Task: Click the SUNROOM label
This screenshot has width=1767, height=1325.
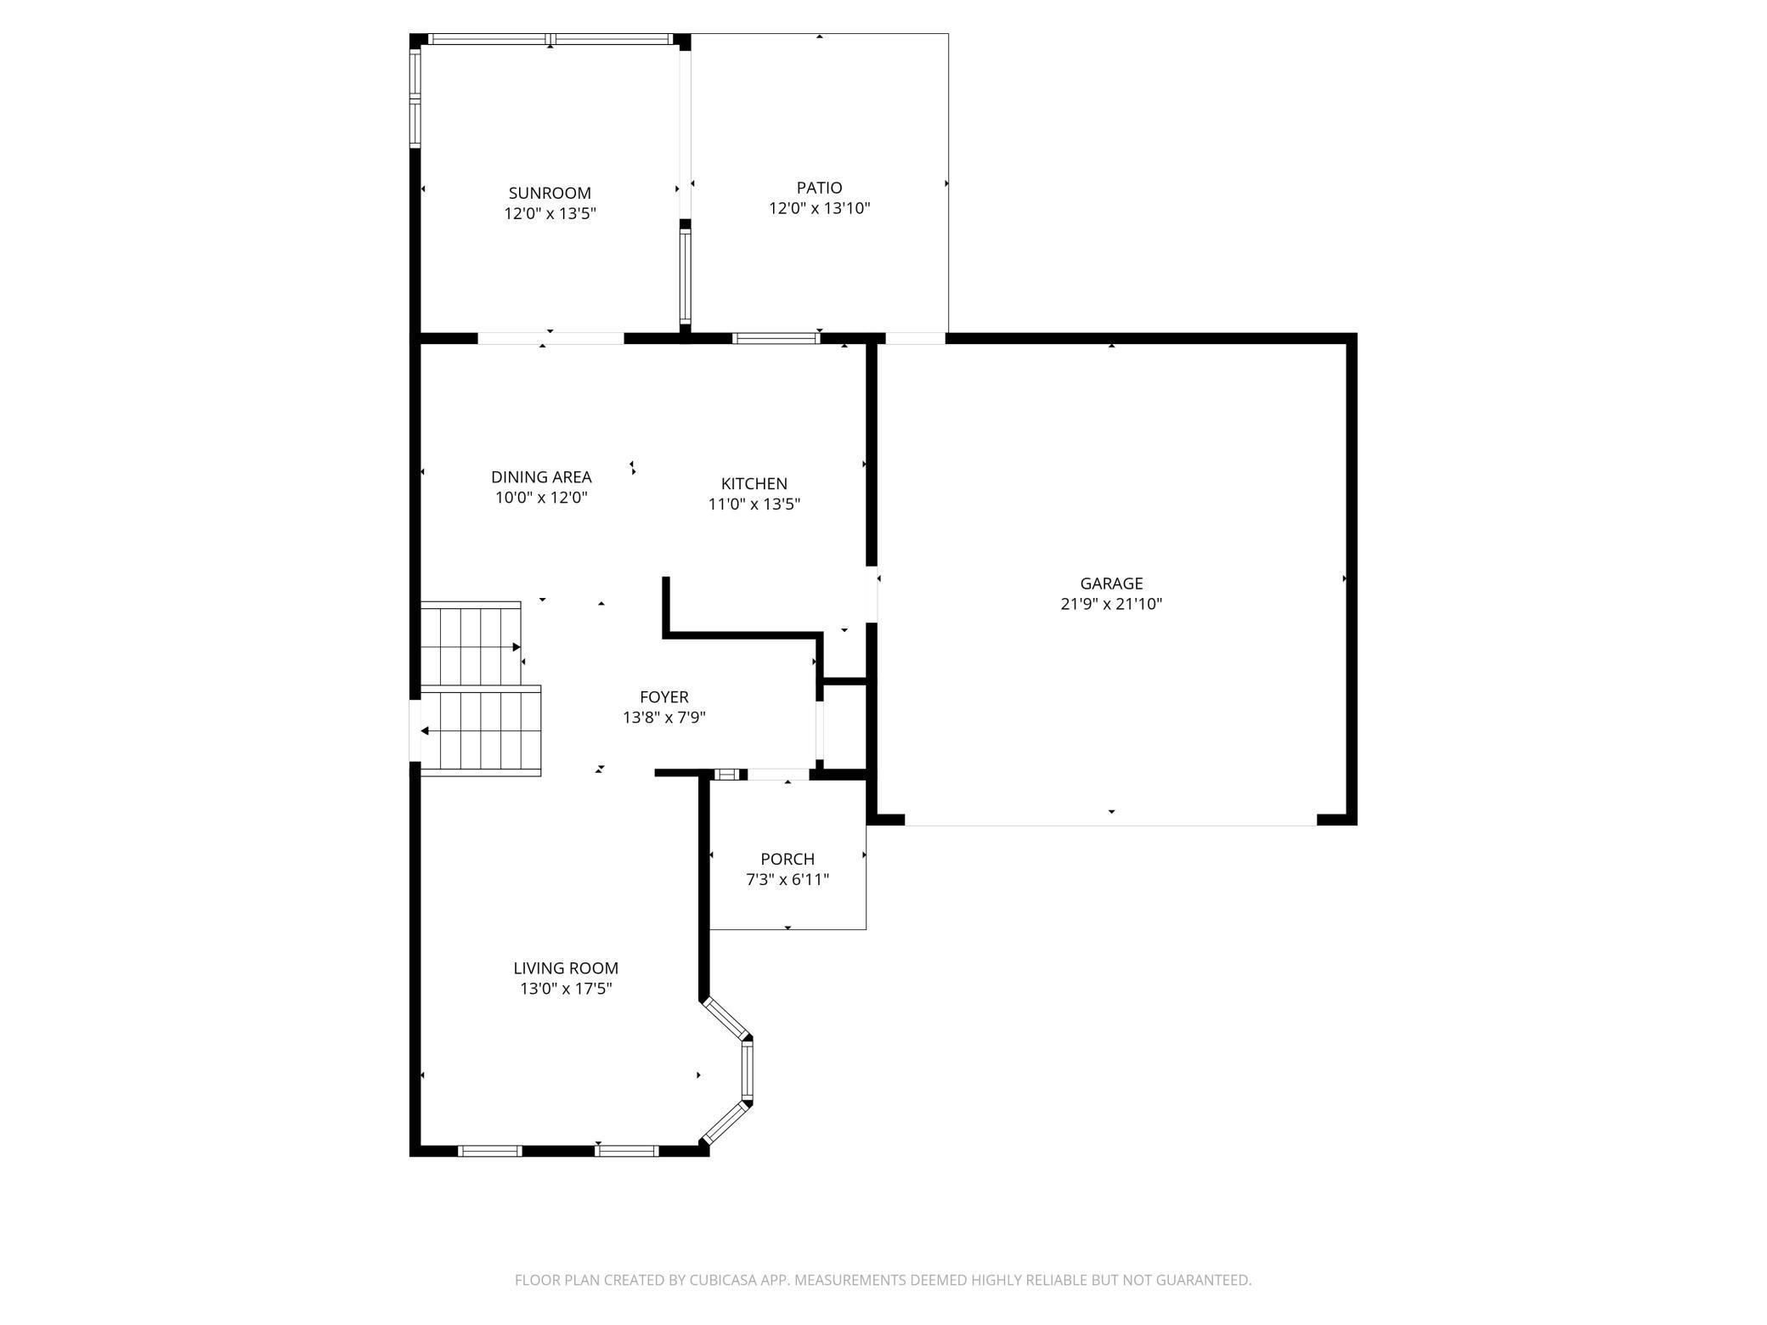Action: coord(550,193)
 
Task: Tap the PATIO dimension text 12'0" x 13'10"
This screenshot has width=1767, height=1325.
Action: coord(819,208)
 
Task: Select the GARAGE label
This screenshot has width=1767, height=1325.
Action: coord(1110,584)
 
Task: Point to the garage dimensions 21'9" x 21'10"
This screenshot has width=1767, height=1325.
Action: coord(1110,604)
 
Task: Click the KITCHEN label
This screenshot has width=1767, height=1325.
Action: coord(754,483)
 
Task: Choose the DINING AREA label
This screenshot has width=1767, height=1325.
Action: coord(541,477)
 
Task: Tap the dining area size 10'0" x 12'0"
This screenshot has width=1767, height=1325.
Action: coord(541,498)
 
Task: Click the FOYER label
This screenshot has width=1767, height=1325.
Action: coord(663,697)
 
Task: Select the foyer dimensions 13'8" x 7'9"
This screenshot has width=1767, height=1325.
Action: coord(663,718)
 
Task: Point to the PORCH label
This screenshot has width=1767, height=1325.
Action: coord(787,859)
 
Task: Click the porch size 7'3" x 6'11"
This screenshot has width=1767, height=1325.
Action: coord(787,880)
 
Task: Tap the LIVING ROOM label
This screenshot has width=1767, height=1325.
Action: coord(566,967)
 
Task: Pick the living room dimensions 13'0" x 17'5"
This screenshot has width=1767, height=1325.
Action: coord(566,989)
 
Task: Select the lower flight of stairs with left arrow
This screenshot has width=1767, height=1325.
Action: coord(481,730)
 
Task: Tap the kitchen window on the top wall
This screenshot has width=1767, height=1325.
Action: coord(775,338)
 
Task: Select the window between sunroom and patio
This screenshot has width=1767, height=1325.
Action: coord(685,275)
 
